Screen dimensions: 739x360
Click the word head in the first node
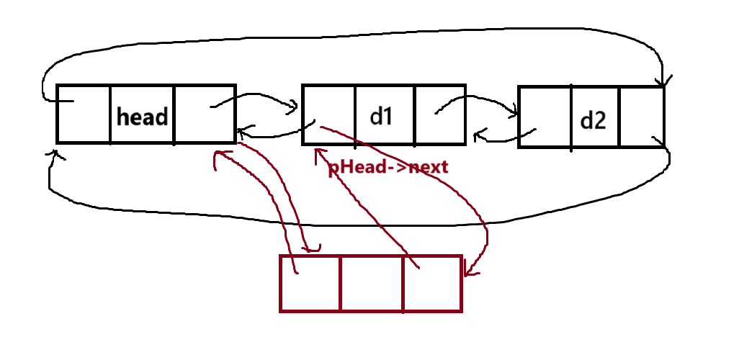pos(142,117)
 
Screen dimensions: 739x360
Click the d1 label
pos(381,116)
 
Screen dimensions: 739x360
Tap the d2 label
pos(593,120)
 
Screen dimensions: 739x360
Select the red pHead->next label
pos(388,167)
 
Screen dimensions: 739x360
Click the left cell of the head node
pos(84,114)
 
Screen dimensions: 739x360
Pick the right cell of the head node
pos(204,114)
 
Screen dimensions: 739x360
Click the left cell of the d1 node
pos(328,114)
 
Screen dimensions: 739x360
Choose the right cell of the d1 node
pos(439,114)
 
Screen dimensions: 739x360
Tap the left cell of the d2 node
pos(545,117)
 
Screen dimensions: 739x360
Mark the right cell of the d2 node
pos(640,117)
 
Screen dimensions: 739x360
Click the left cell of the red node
pos(310,284)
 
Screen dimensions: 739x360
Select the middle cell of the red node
pos(371,284)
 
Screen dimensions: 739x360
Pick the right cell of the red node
pos(431,284)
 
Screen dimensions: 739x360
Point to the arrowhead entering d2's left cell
pos(514,112)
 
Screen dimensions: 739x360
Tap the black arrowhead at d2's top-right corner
pos(663,81)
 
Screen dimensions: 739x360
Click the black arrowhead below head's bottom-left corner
pos(52,154)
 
